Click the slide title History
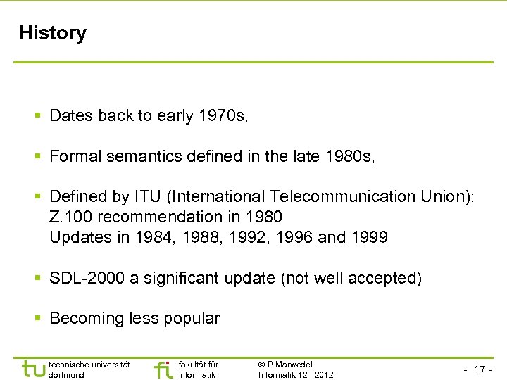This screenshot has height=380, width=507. pyautogui.click(x=53, y=33)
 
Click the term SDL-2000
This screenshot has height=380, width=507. pyautogui.click(x=87, y=278)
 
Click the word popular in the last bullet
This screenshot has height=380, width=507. pyautogui.click(x=192, y=318)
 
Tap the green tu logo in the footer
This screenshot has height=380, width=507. pyautogui.click(x=33, y=369)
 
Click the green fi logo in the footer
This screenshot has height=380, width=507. pyautogui.click(x=163, y=369)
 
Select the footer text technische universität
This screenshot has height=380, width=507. pyautogui.click(x=89, y=364)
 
